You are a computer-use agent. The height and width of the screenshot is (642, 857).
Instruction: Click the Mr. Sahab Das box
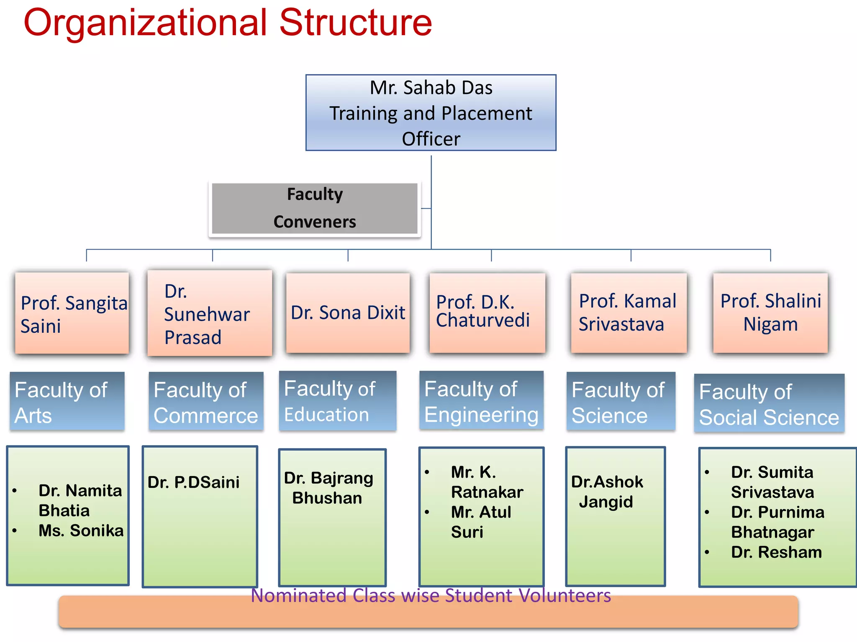(431, 113)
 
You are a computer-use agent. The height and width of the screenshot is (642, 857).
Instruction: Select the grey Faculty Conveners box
(315, 208)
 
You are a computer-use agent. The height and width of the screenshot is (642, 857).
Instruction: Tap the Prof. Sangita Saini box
(72, 313)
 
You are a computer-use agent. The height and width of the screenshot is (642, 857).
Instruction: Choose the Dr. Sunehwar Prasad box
(210, 313)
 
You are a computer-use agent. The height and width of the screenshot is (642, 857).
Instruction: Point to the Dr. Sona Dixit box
(348, 313)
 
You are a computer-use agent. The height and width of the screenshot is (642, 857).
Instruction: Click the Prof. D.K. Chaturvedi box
(487, 313)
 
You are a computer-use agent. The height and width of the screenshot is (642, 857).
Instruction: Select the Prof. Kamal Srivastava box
(629, 313)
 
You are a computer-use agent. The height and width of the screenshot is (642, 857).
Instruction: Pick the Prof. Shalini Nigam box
(770, 313)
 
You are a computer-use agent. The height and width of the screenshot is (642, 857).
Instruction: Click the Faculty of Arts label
(67, 402)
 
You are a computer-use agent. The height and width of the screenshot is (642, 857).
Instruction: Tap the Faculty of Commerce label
(206, 402)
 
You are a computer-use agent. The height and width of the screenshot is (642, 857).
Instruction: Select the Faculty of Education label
(337, 401)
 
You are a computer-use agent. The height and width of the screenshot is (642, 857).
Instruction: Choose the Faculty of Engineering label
(481, 401)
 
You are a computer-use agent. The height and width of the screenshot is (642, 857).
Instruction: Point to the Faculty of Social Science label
(769, 404)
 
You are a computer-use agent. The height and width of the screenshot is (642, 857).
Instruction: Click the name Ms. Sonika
(81, 531)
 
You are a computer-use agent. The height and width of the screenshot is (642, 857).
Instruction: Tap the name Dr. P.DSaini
(193, 482)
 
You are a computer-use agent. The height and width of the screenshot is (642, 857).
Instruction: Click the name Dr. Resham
(776, 552)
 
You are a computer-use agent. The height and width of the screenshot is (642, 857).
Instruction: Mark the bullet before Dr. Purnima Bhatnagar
(707, 512)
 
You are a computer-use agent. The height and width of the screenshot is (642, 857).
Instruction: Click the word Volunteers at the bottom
(564, 596)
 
